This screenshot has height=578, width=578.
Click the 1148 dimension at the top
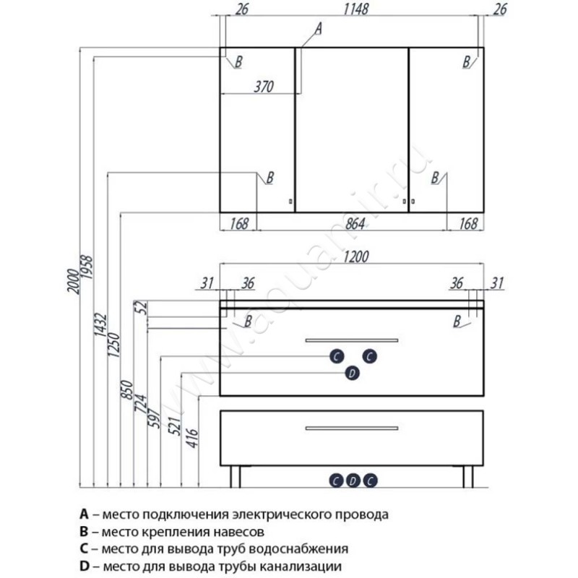click(x=355, y=9)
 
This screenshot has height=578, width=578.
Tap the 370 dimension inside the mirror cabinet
click(x=264, y=87)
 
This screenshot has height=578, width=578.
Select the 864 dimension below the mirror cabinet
click(x=355, y=223)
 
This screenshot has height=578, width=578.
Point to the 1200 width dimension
click(x=355, y=256)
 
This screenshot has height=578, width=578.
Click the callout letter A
click(x=318, y=29)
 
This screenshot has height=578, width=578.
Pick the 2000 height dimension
click(x=74, y=281)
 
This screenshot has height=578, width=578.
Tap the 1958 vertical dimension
click(x=87, y=267)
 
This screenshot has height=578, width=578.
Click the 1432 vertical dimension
click(x=100, y=324)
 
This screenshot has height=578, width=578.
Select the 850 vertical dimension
click(x=127, y=390)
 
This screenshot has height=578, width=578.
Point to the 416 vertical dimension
click(x=192, y=438)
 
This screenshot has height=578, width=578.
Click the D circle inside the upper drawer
click(x=352, y=373)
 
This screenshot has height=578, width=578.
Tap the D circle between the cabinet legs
click(x=353, y=480)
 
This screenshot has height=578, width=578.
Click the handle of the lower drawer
click(x=352, y=428)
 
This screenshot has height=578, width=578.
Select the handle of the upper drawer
click(x=352, y=340)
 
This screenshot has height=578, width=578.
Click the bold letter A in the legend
click(x=84, y=514)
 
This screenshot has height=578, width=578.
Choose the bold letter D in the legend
click(x=85, y=566)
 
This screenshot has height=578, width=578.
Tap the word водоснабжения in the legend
click(x=298, y=549)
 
